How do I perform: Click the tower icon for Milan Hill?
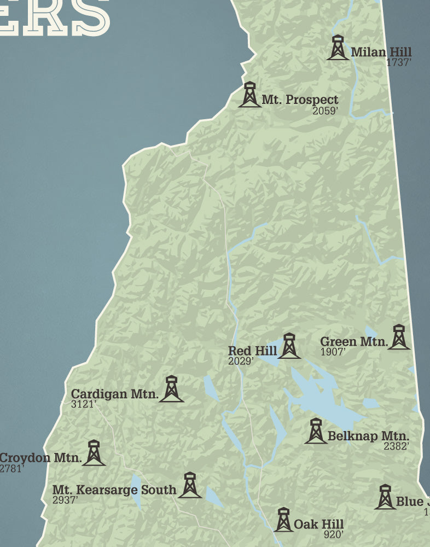click(338, 48)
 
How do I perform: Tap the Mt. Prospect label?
click(300, 100)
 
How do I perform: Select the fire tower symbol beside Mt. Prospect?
click(250, 95)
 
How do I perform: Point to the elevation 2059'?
click(326, 111)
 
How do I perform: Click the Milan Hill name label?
click(381, 53)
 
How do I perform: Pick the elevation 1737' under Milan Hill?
click(398, 62)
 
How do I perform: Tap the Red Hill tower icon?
click(289, 346)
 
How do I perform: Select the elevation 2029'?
click(241, 361)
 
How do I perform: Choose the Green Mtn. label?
click(353, 342)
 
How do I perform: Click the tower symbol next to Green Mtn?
click(399, 337)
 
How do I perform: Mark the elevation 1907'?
click(333, 352)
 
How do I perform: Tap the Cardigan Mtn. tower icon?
click(171, 389)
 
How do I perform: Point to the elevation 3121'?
click(84, 404)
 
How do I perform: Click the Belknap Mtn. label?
click(368, 437)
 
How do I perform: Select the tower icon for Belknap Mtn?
click(316, 431)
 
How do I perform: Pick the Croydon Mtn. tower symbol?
click(94, 453)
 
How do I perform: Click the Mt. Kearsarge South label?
click(114, 490)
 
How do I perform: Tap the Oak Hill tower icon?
click(283, 520)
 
